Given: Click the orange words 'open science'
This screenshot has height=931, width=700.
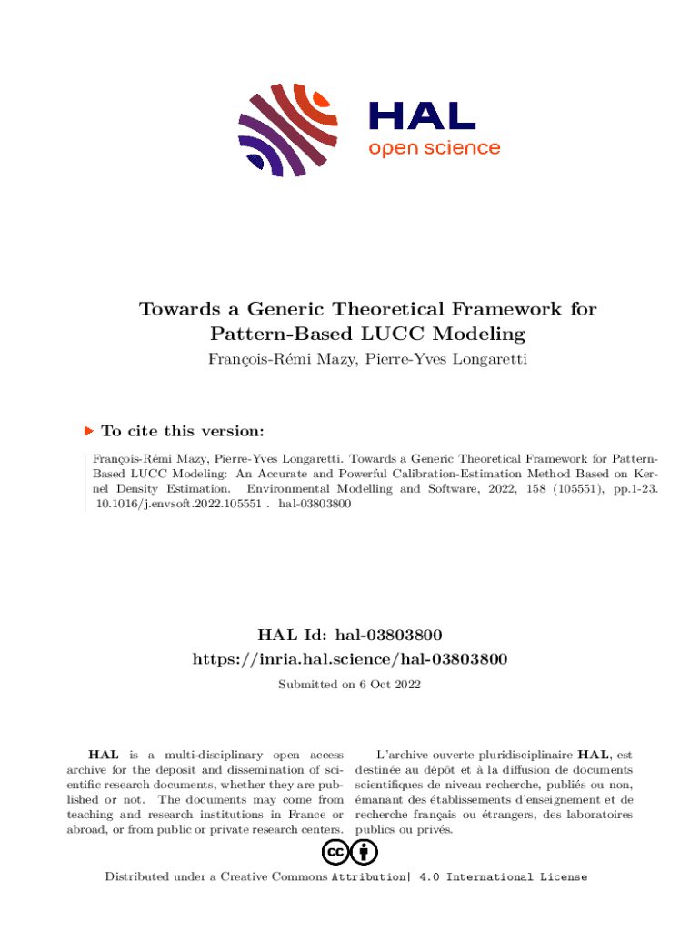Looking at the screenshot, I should (x=434, y=148).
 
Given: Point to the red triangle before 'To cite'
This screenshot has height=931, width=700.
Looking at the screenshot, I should (x=88, y=431).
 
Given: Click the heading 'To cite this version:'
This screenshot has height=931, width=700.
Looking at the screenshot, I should (x=183, y=431).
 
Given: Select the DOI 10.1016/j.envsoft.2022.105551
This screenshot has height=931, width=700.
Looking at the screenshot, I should (x=176, y=502).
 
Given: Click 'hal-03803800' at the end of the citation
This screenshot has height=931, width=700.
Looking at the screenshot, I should (x=315, y=502).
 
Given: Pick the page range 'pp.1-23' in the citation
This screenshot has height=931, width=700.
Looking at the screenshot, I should (x=633, y=488).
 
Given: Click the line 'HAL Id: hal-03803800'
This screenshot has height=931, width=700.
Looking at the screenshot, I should (x=350, y=634).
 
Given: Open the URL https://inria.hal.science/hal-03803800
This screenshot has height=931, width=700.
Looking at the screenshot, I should (x=350, y=657).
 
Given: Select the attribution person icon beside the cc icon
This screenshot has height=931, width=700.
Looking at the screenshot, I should (x=365, y=853).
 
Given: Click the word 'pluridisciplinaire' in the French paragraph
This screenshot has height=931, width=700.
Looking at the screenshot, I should (x=519, y=755).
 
